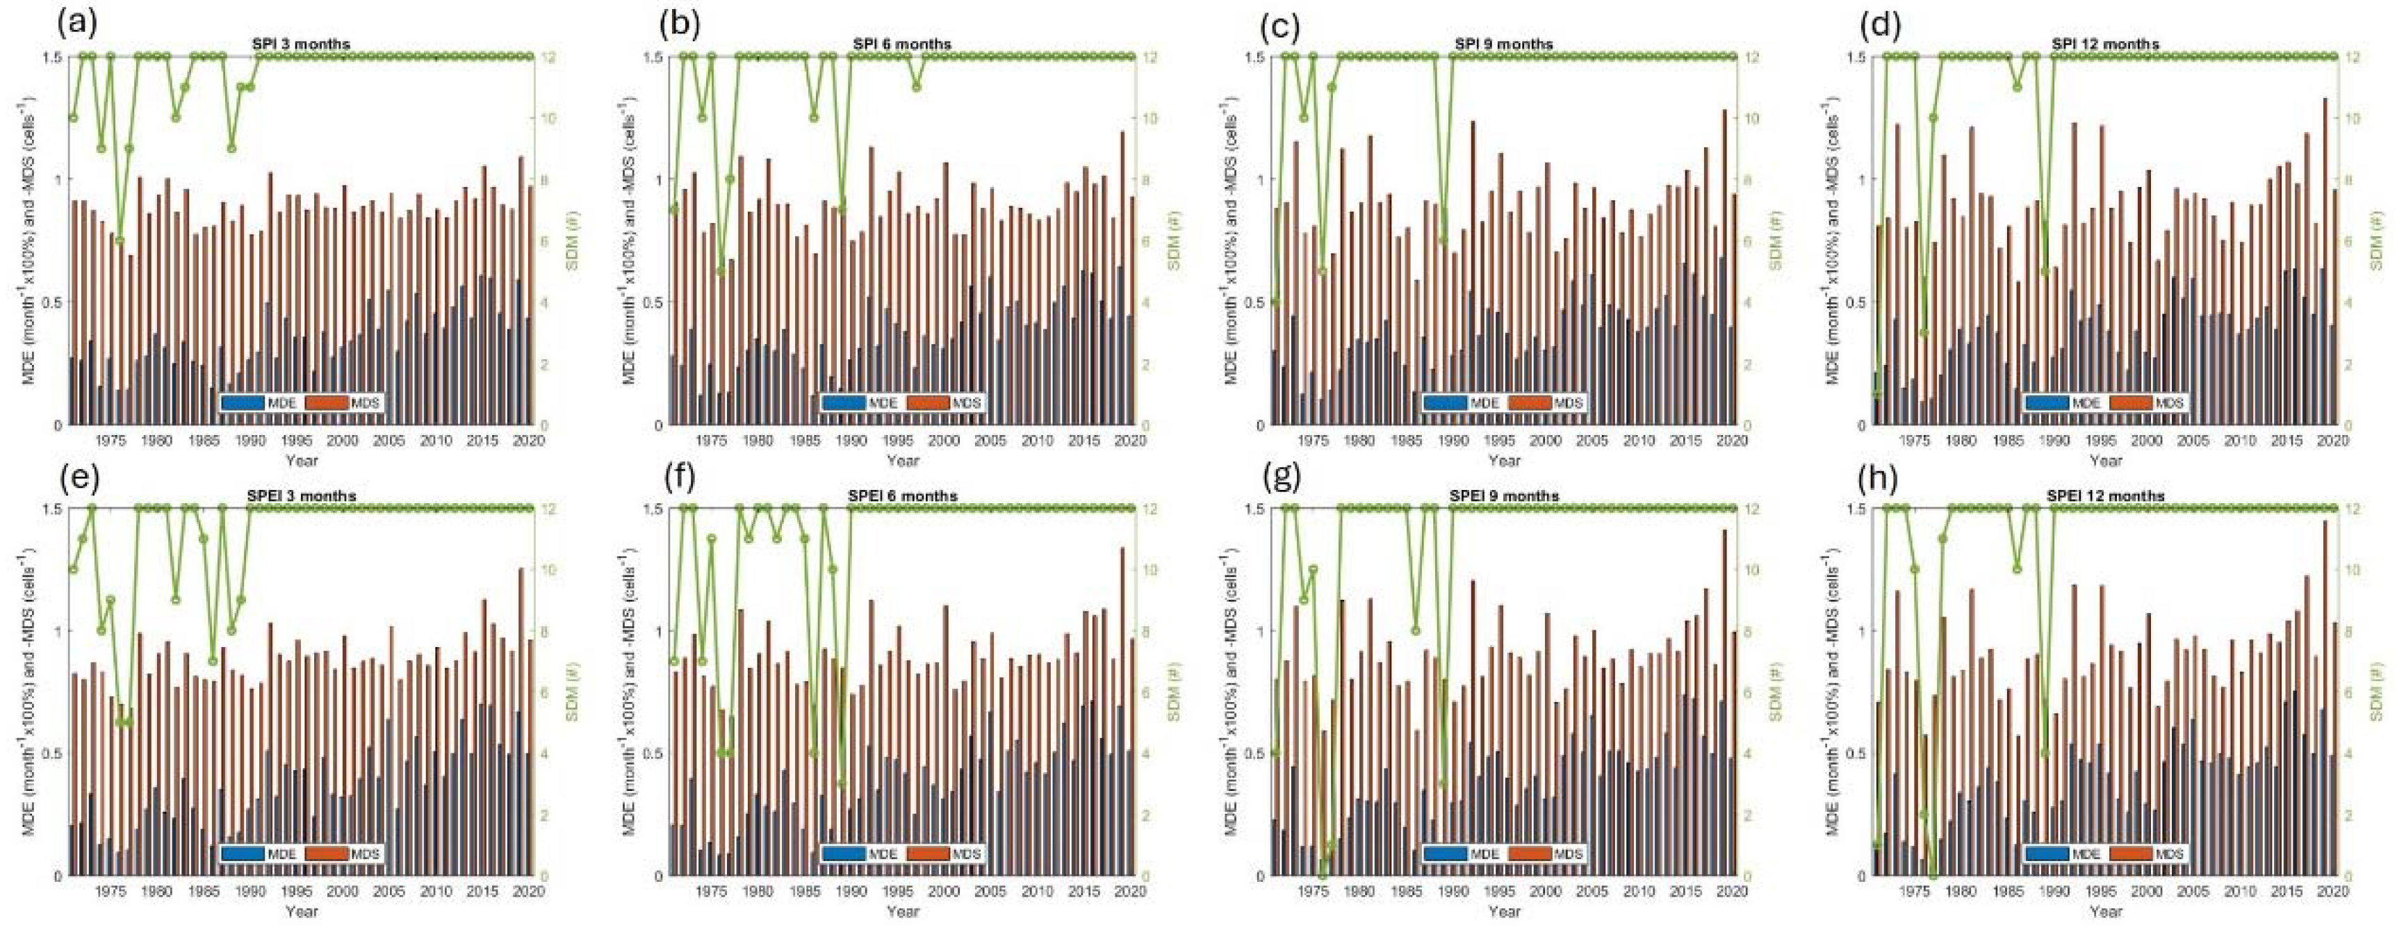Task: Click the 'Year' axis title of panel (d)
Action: click(x=2106, y=459)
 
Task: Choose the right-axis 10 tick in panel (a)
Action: click(x=539, y=118)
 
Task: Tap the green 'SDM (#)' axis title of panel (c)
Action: click(x=1776, y=240)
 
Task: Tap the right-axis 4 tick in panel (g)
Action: click(x=1744, y=753)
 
